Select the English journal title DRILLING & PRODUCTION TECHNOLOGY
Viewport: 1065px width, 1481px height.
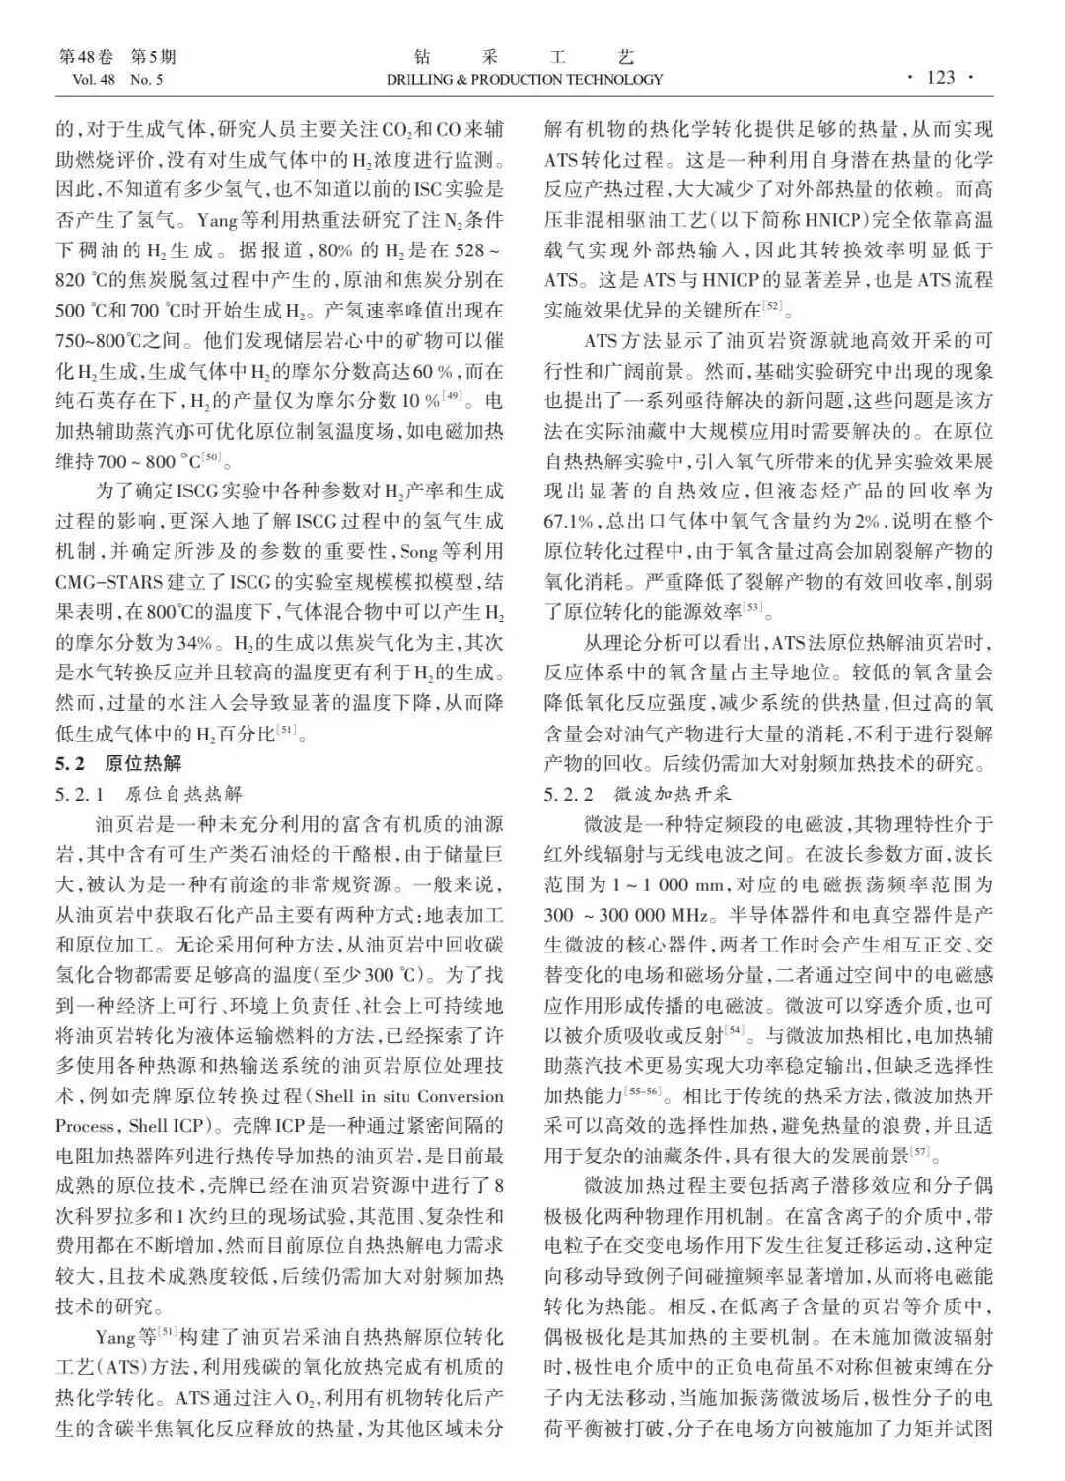(524, 80)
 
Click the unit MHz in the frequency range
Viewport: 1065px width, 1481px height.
(679, 915)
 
